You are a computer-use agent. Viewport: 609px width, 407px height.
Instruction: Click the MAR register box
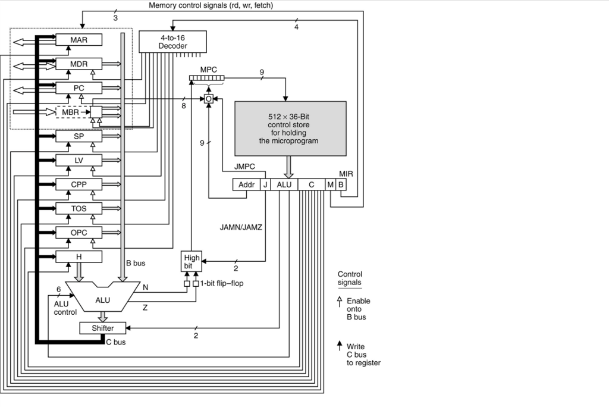click(79, 39)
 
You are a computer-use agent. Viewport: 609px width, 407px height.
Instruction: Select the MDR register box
click(79, 64)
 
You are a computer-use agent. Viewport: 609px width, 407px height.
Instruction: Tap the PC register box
click(79, 88)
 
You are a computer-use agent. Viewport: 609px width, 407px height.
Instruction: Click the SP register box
click(79, 136)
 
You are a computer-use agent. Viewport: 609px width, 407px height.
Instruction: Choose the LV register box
click(79, 160)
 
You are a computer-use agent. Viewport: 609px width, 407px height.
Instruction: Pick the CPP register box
click(79, 184)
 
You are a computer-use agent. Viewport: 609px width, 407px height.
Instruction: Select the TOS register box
click(79, 208)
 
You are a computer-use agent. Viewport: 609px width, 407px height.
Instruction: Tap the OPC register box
click(79, 233)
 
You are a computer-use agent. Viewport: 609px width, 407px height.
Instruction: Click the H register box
click(79, 256)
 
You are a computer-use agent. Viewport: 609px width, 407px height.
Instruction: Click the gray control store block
click(290, 129)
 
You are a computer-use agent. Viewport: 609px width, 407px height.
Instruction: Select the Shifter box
click(102, 328)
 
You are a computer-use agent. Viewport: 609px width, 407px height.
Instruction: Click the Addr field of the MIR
click(246, 185)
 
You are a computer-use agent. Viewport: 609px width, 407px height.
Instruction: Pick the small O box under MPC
click(209, 99)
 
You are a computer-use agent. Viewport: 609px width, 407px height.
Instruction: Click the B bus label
click(136, 262)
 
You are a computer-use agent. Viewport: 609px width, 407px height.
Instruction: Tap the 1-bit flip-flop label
click(221, 283)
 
